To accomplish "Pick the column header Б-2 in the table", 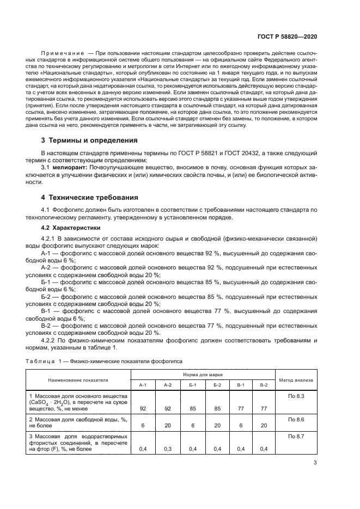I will (x=217, y=384).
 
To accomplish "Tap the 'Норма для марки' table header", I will (x=203, y=375).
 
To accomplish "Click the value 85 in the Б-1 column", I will (x=192, y=408).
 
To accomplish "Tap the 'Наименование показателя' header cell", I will (x=78, y=379).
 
